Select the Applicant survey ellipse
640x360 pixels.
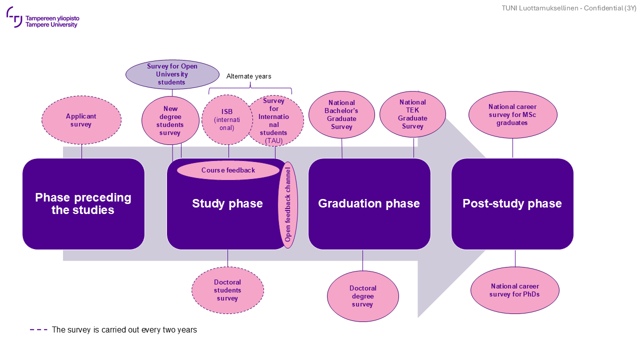[x=81, y=120]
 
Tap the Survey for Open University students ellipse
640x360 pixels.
[x=172, y=74]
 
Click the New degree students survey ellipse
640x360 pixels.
[x=170, y=121]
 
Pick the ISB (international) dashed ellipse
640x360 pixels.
[x=227, y=119]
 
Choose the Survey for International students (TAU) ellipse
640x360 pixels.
[x=275, y=120]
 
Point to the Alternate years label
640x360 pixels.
[x=248, y=76]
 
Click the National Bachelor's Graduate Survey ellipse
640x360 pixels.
[x=341, y=115]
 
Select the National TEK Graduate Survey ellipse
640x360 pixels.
[x=412, y=114]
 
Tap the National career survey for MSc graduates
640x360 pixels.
[x=512, y=114]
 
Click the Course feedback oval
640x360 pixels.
[x=228, y=170]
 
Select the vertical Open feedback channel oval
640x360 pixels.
[x=287, y=204]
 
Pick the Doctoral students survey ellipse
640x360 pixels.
[x=227, y=290]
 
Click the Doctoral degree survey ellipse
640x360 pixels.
[x=362, y=296]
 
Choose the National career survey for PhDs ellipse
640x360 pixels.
[x=514, y=290]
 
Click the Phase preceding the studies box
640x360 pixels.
[x=83, y=204]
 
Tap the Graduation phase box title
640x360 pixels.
[x=369, y=203]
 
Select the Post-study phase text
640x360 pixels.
[x=512, y=203]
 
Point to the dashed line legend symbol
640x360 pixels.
[x=38, y=330]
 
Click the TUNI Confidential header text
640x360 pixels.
[x=569, y=8]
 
